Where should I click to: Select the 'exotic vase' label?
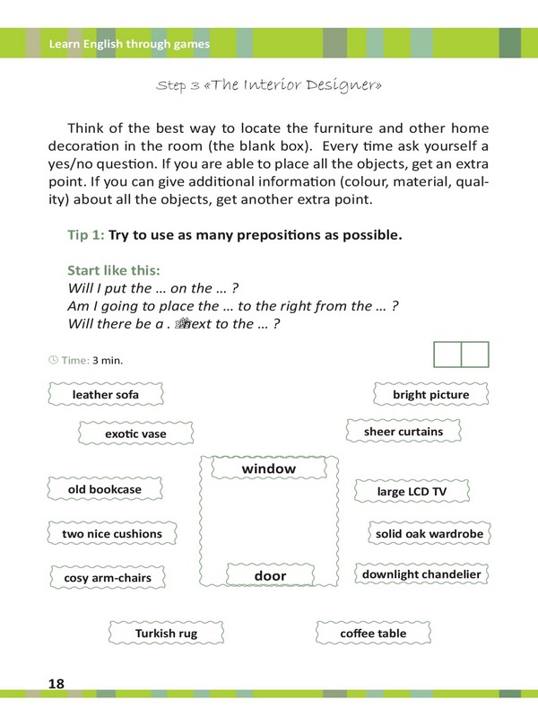(x=135, y=433)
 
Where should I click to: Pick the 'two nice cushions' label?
(x=112, y=534)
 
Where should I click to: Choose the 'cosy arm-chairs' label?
(x=108, y=578)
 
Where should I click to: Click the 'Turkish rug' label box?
(x=166, y=634)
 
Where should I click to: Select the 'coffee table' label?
(x=373, y=634)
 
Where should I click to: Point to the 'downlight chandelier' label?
(x=421, y=574)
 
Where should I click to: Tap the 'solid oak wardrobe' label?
(x=430, y=534)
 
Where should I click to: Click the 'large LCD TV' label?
(x=412, y=492)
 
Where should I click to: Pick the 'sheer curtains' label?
(x=403, y=432)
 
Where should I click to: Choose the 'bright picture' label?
(x=430, y=395)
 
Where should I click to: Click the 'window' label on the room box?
(x=269, y=469)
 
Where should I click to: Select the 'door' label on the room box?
(x=270, y=575)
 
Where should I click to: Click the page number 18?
(x=56, y=684)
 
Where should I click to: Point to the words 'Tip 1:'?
(x=86, y=235)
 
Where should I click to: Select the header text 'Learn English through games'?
(x=129, y=43)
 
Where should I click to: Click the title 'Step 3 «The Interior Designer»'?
(x=269, y=85)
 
